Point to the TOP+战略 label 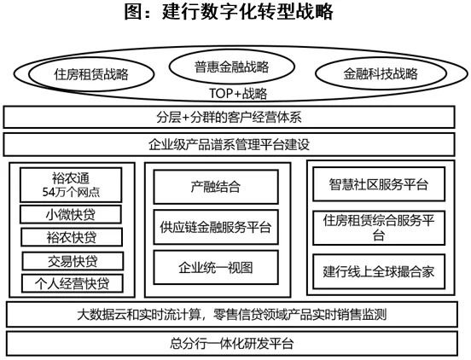coord(238,93)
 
